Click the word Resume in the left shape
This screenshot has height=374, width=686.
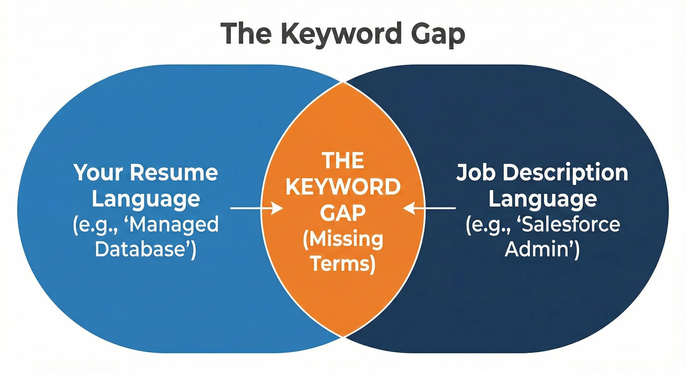tap(174, 173)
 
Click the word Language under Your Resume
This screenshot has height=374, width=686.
tap(146, 199)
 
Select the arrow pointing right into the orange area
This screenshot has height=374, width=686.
tap(256, 208)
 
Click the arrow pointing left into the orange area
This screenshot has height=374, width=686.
tap(429, 208)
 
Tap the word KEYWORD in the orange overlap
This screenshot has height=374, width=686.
tap(343, 187)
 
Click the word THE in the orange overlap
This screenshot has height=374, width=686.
tap(343, 160)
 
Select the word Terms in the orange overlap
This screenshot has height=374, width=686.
tap(343, 264)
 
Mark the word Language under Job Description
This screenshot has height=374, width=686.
tap(543, 199)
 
